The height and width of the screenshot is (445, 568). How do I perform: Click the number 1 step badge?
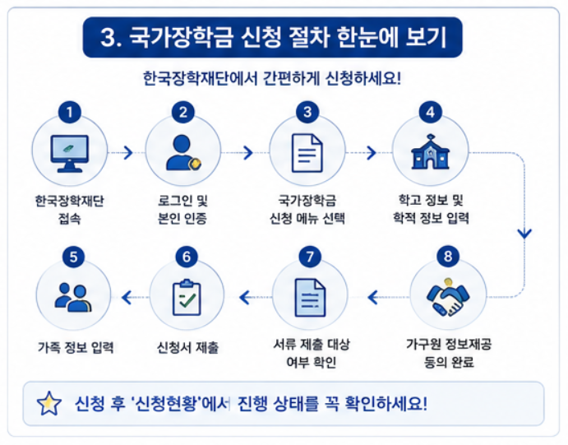click(70, 112)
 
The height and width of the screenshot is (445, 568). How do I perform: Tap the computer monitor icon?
click(70, 153)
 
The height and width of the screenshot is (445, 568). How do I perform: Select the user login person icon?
click(183, 152)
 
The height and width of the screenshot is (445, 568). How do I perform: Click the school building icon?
click(430, 152)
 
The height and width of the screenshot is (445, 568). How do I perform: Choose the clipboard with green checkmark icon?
click(187, 297)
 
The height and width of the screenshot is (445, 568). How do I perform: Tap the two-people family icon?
click(73, 297)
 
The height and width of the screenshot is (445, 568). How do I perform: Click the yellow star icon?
click(48, 403)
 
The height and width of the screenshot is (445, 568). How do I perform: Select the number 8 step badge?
click(448, 256)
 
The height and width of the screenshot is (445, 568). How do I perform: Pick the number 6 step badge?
click(187, 257)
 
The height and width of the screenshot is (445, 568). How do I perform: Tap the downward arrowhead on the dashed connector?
click(524, 234)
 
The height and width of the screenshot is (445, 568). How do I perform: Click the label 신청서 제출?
click(187, 347)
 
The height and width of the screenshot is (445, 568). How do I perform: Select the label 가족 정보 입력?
click(76, 347)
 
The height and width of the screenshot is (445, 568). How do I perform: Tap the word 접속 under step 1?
click(70, 219)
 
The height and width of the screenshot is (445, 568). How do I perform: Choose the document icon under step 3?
click(307, 153)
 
